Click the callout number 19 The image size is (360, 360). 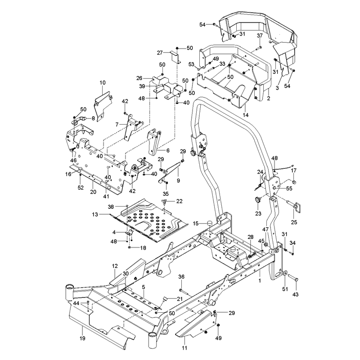tap(82, 338)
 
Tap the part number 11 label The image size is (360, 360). tap(184, 348)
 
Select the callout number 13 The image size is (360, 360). tap(95, 215)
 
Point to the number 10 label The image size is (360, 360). tap(103, 82)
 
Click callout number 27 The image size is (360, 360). tap(160, 53)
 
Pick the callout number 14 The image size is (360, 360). tap(246, 115)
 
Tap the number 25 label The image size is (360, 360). tap(294, 222)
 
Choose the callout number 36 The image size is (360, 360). tap(181, 277)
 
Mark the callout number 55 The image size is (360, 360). tap(289, 189)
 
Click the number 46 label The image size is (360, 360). tap(73, 160)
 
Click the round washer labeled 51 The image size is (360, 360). tap(285, 274)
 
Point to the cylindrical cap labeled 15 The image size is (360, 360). tap(209, 223)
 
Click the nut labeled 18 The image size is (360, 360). tap(130, 247)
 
